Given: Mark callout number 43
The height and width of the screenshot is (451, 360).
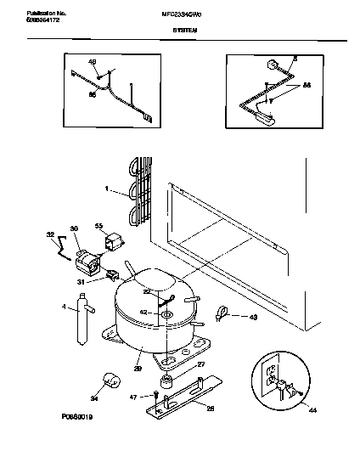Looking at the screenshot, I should [253, 317].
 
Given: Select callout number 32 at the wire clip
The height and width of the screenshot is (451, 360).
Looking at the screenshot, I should [49, 234].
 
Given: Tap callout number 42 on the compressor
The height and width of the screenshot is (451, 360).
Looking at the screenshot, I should [143, 313].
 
